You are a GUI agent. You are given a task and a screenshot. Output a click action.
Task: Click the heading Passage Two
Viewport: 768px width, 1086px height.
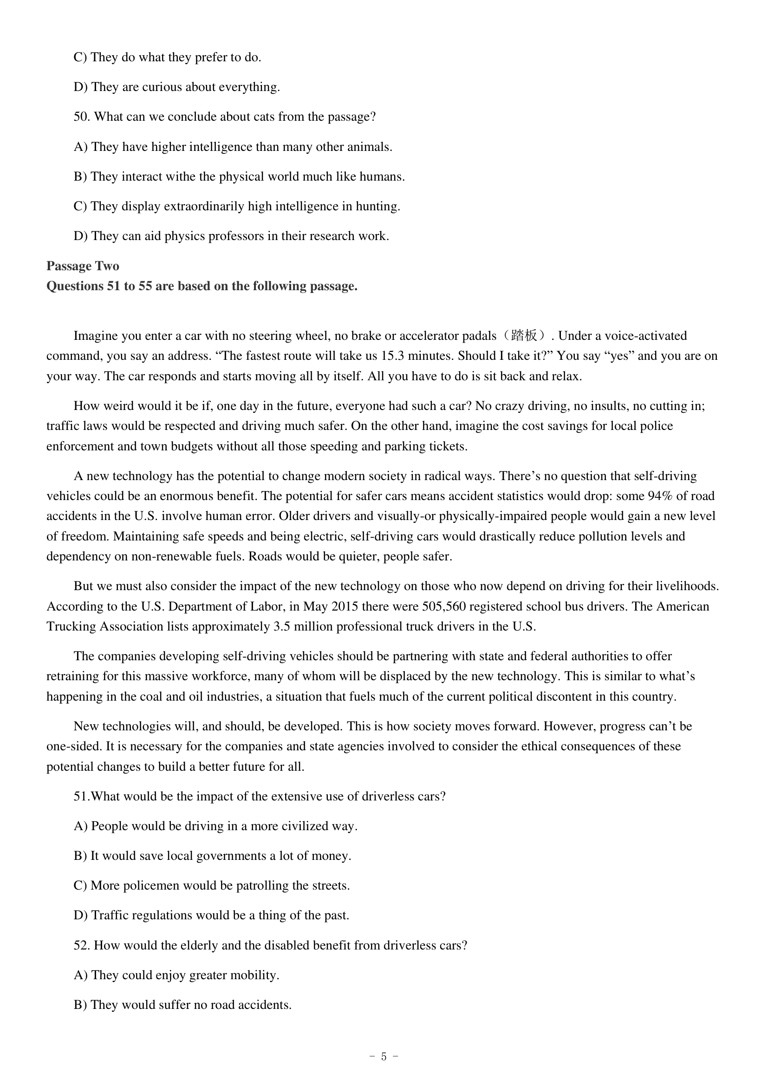click(x=83, y=267)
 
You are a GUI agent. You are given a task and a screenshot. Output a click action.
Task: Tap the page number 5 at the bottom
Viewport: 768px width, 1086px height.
click(x=384, y=1056)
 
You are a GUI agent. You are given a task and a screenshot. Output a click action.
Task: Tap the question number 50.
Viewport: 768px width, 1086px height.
click(x=81, y=117)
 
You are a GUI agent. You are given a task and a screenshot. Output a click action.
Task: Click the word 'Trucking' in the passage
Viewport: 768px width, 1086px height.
click(x=73, y=626)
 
